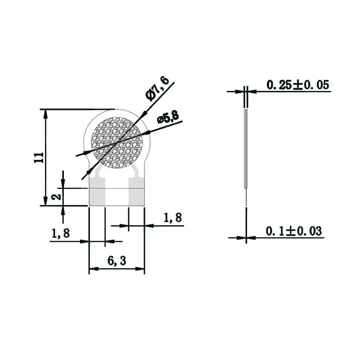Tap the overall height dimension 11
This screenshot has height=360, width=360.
click(x=39, y=157)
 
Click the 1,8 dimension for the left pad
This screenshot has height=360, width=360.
click(x=61, y=234)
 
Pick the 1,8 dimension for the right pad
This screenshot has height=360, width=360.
click(x=172, y=218)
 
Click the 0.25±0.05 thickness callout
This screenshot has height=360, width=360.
click(x=298, y=85)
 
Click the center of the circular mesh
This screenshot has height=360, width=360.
click(x=117, y=143)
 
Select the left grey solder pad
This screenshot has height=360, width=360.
click(x=97, y=196)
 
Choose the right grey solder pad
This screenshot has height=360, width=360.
click(x=137, y=196)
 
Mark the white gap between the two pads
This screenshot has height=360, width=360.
click(x=117, y=197)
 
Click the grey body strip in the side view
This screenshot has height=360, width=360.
click(x=246, y=148)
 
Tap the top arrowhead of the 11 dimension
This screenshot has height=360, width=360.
click(x=45, y=113)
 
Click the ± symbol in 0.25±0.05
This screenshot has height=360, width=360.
click(x=298, y=85)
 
